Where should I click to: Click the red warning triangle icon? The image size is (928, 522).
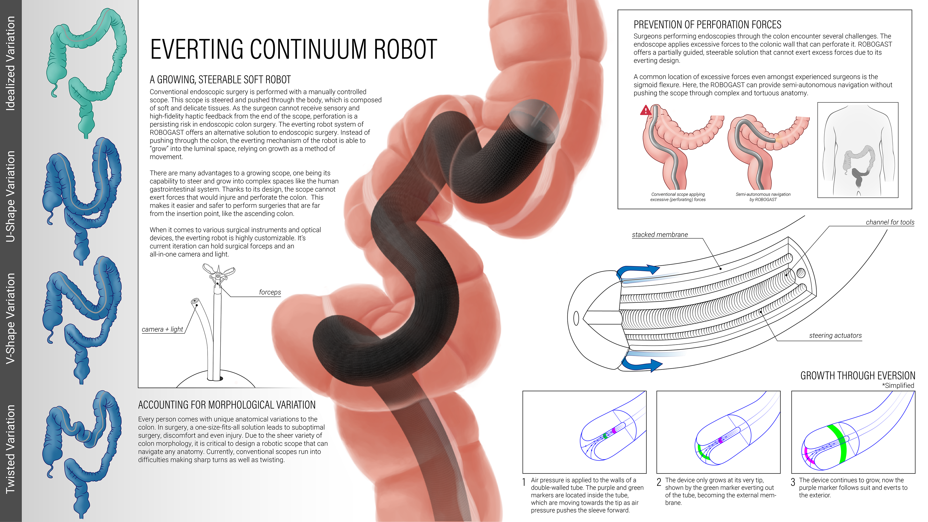coord(645,110)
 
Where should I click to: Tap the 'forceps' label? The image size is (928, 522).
coord(270,292)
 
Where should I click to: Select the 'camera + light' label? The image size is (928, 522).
coord(162,329)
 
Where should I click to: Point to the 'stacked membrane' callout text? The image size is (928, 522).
coord(660,234)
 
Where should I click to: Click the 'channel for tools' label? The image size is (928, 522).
coord(890,222)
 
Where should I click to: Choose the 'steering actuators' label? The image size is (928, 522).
coord(835,335)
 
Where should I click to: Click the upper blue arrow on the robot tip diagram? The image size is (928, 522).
coord(638,271)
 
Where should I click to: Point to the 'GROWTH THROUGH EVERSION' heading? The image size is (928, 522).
coord(857,376)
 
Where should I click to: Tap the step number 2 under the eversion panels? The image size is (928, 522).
coord(659,482)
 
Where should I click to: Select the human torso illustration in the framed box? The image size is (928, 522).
coord(857,150)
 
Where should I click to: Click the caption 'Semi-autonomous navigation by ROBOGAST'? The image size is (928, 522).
coord(763,197)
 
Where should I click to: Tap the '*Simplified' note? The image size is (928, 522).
coord(898,385)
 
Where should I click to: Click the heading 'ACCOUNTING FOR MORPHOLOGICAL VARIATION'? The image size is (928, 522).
coord(227,405)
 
